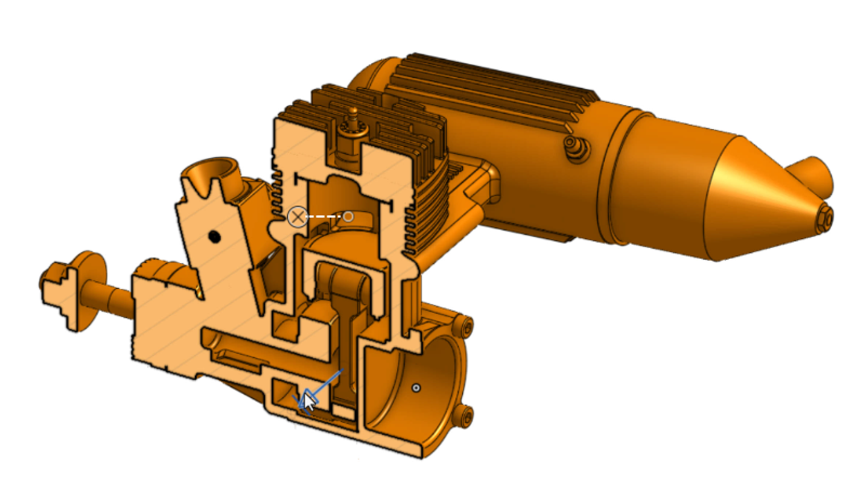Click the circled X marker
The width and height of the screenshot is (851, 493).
coord(297,217)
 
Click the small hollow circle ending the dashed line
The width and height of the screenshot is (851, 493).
coord(348,216)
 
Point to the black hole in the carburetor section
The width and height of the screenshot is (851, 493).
coord(214,237)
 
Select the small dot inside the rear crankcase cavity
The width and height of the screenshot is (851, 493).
coord(416,388)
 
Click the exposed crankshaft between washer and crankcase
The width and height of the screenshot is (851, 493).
coord(114,300)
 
